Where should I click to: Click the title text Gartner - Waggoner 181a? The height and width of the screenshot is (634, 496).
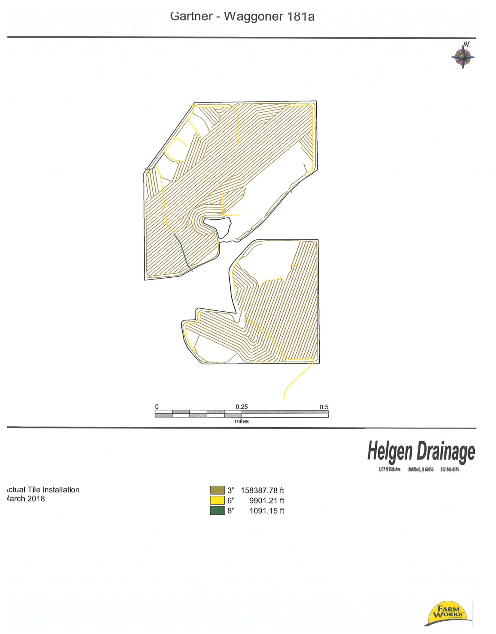(x=242, y=16)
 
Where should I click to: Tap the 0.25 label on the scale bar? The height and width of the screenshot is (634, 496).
(x=242, y=407)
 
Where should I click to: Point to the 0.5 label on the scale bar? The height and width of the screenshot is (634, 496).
(x=324, y=407)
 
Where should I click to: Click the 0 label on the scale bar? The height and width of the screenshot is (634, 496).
(x=157, y=407)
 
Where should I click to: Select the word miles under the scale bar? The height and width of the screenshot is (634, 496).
(x=242, y=421)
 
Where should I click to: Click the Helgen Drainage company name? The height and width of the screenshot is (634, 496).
(x=421, y=451)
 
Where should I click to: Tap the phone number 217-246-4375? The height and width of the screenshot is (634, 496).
(x=449, y=469)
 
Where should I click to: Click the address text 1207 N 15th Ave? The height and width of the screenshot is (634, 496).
(x=389, y=469)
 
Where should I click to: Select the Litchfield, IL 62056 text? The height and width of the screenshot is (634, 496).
(x=420, y=469)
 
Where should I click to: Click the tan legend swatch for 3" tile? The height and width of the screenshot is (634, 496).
(x=217, y=490)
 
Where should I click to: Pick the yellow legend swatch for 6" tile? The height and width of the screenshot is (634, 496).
(x=217, y=500)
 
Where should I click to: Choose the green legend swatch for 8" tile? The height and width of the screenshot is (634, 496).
(x=217, y=510)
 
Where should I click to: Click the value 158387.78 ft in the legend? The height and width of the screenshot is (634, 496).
(x=262, y=490)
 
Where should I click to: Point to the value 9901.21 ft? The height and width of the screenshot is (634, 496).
(x=267, y=501)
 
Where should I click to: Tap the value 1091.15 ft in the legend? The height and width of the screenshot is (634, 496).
(x=267, y=511)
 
